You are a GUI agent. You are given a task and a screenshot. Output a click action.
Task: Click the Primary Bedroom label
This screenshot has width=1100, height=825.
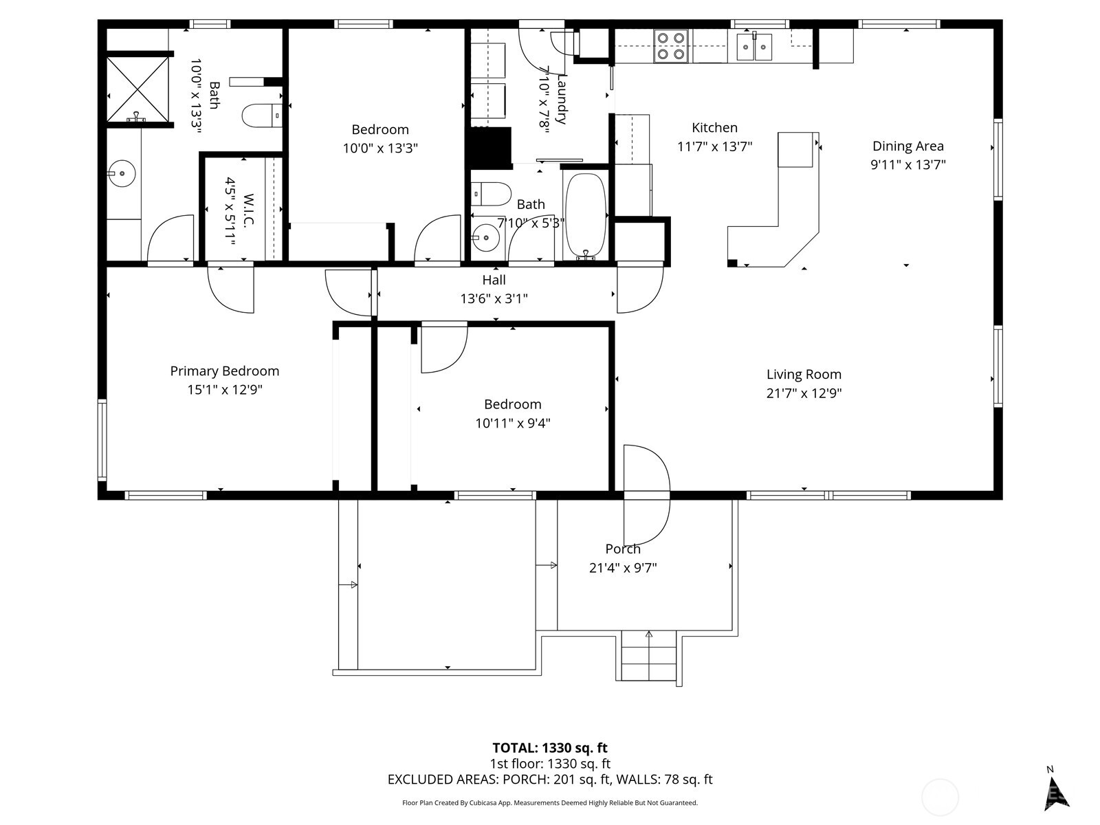coord(225,371)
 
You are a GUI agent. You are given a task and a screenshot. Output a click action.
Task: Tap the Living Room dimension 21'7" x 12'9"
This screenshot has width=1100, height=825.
coord(804,393)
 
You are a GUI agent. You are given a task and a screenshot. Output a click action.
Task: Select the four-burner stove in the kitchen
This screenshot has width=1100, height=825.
coord(671,46)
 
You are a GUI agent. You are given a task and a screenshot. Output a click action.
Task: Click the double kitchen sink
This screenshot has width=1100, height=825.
coord(754,47)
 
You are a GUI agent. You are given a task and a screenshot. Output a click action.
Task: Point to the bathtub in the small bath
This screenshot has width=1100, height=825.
coord(585,213)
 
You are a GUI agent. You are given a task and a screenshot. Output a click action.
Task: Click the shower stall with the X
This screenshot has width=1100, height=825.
coord(137,89)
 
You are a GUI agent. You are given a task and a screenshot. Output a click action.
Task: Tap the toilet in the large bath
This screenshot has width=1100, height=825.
coord(262,115)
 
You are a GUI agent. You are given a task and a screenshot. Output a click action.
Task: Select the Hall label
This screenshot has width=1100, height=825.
coord(494,280)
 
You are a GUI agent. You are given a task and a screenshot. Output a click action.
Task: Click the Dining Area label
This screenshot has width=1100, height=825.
coord(907,146)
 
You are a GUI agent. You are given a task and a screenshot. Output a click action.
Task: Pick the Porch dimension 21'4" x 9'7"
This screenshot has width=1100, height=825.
coord(623,568)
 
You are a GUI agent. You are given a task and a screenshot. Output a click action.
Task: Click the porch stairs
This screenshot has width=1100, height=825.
coord(648,656)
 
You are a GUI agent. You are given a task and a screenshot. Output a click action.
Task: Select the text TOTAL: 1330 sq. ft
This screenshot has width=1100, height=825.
coord(550,748)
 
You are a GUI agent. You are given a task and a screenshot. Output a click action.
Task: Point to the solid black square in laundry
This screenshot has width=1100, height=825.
coord(490,147)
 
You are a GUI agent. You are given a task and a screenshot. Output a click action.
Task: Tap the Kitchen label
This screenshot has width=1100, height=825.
coord(714,127)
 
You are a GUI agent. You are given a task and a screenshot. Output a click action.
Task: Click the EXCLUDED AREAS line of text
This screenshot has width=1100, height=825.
coord(550,780)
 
